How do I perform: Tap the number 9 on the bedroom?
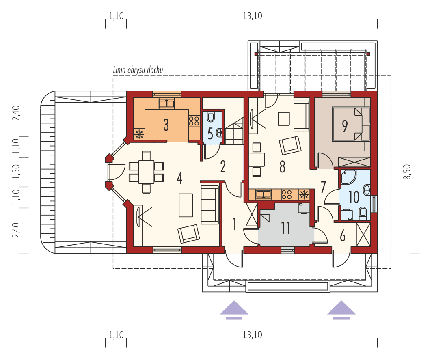click(x=345, y=126)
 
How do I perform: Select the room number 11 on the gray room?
click(x=285, y=228)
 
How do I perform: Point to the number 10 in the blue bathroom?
click(x=354, y=197)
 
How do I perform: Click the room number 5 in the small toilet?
click(x=210, y=134)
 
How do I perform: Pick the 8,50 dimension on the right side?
click(x=408, y=172)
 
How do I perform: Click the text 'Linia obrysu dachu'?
click(x=138, y=70)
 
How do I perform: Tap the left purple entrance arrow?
click(x=234, y=310)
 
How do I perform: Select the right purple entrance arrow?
click(x=341, y=310)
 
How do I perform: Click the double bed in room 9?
click(x=348, y=124)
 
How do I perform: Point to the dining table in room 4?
click(x=146, y=172)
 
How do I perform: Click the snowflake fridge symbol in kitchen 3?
click(x=139, y=134)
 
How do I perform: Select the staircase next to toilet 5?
click(x=234, y=131)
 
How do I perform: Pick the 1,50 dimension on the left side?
click(x=17, y=172)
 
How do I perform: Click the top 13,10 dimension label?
click(x=253, y=16)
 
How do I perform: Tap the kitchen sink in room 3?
click(x=166, y=104)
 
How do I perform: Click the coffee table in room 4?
click(x=186, y=205)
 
